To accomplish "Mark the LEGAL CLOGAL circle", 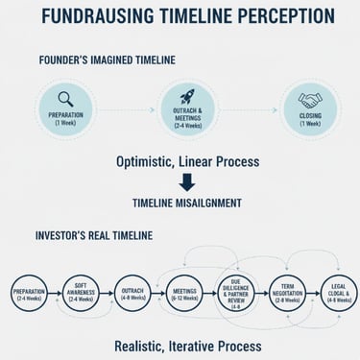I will point(337,292).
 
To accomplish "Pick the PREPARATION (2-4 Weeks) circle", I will point(30,292).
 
